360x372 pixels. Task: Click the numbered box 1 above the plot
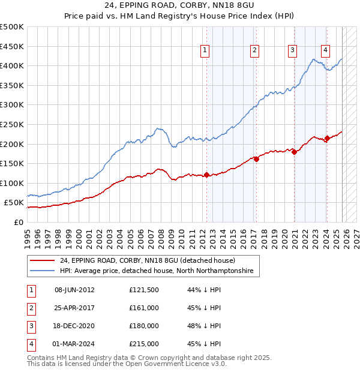coord(205,51)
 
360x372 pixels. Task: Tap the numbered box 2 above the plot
coord(255,51)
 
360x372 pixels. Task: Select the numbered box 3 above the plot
coord(292,51)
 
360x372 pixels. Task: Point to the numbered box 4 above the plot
coord(325,51)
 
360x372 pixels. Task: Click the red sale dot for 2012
coord(207,175)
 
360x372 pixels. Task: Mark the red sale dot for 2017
coord(256,160)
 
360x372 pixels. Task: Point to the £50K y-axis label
coord(14,203)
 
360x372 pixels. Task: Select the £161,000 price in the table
coord(144,308)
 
